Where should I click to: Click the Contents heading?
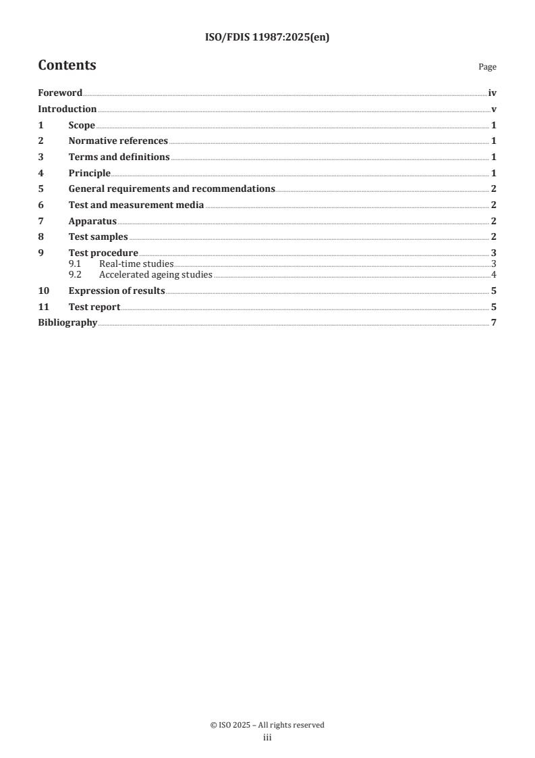pyautogui.click(x=67, y=66)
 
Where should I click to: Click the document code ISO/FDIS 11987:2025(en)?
pyautogui.click(x=267, y=38)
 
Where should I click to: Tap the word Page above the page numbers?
pyautogui.click(x=487, y=67)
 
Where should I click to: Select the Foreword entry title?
pyautogui.click(x=60, y=93)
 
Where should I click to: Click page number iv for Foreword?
pyautogui.click(x=492, y=93)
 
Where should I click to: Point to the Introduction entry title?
pyautogui.click(x=67, y=109)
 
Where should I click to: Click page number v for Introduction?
pyautogui.click(x=494, y=109)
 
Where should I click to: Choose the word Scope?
pyautogui.click(x=82, y=126)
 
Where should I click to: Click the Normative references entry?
pyautogui.click(x=118, y=141)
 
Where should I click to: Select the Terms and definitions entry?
pyautogui.click(x=119, y=157)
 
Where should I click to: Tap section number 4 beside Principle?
pyautogui.click(x=41, y=174)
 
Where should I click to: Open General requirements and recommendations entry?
pyautogui.click(x=171, y=189)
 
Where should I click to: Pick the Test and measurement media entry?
pyautogui.click(x=136, y=205)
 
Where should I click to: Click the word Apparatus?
pyautogui.click(x=92, y=221)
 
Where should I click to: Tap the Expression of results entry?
pyautogui.click(x=117, y=291)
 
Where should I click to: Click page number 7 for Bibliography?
pyautogui.click(x=494, y=323)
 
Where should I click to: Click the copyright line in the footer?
pyautogui.click(x=267, y=725)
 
